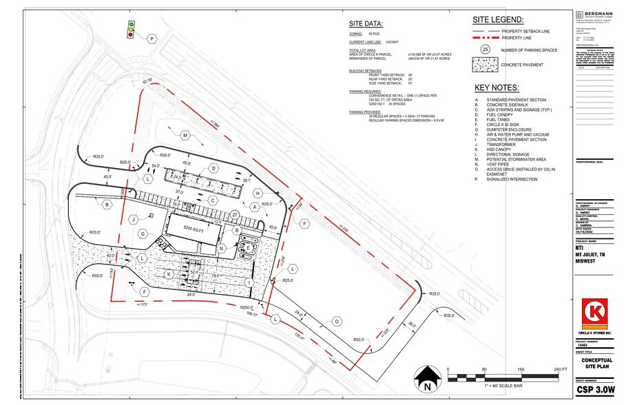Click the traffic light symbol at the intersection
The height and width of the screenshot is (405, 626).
(130, 30)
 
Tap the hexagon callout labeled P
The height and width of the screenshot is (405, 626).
(152, 39)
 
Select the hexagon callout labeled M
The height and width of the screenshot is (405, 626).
(185, 136)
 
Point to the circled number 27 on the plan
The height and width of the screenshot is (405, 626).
(235, 216)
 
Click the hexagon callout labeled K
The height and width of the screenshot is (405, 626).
(169, 273)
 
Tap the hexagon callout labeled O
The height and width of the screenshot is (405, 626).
(337, 321)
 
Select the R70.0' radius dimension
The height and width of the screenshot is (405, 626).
(98, 233)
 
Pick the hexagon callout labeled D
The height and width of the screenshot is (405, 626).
(214, 168)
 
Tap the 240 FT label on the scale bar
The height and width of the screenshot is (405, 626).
(559, 370)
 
